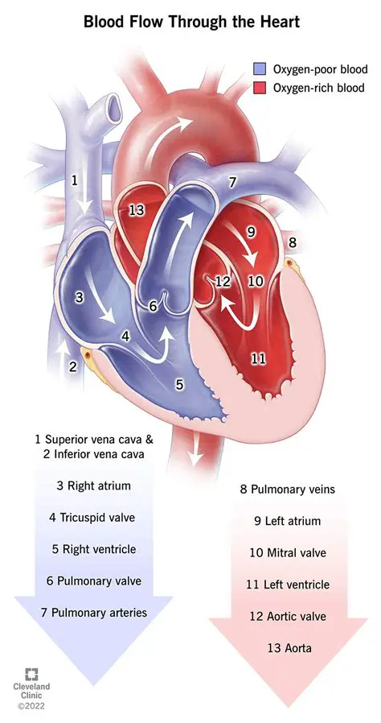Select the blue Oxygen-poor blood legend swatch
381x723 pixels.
260,70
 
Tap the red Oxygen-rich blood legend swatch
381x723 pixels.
260,88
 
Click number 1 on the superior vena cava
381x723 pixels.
75,180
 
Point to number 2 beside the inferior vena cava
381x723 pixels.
72,367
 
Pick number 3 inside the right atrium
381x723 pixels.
79,297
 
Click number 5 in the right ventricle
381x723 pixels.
180,384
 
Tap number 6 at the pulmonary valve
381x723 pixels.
154,306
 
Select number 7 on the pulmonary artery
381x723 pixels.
231,183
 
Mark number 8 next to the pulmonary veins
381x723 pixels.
293,242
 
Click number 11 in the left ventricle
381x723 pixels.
258,358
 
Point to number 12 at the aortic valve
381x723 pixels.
223,281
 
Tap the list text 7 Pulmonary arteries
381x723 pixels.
94,613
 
